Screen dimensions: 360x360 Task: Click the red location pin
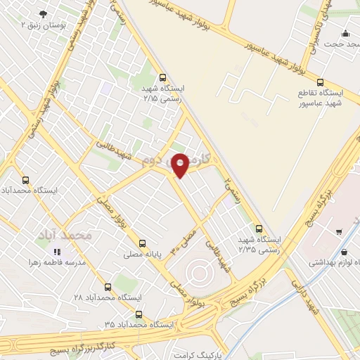[x=180, y=165]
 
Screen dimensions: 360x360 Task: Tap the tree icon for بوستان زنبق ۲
[x=45, y=14]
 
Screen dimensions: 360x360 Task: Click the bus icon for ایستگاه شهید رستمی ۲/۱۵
[x=163, y=78]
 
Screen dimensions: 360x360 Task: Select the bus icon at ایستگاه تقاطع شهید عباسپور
[x=321, y=82]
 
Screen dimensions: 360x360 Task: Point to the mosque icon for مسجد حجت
[x=345, y=33]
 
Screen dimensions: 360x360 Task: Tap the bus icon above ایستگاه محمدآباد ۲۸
[x=108, y=286]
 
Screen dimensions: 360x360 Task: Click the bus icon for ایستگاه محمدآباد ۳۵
[x=138, y=314]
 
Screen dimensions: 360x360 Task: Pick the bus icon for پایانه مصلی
[x=143, y=243]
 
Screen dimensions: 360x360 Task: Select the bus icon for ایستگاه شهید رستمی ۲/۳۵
[x=259, y=229]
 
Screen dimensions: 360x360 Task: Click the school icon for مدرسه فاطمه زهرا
[x=58, y=251]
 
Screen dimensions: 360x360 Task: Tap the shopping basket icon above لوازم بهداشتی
[x=344, y=252]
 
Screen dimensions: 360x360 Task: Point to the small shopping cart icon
[x=339, y=230]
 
